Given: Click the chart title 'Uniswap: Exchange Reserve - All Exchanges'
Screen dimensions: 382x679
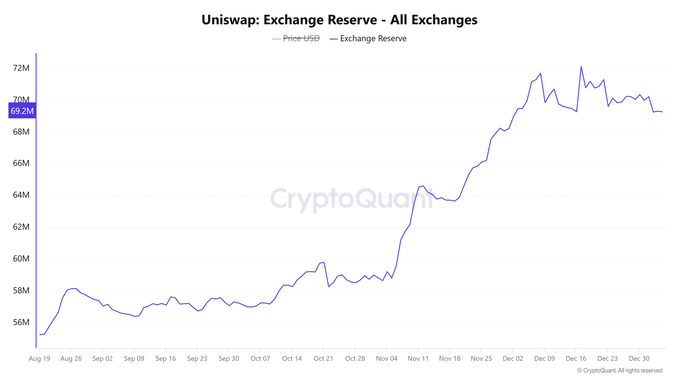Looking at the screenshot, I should pyautogui.click(x=339, y=20).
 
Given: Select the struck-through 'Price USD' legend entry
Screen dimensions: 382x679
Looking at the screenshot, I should pyautogui.click(x=301, y=38).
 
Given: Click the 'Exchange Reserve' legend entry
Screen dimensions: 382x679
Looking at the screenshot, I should pyautogui.click(x=373, y=38).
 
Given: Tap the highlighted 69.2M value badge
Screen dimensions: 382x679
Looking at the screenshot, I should pyautogui.click(x=22, y=111).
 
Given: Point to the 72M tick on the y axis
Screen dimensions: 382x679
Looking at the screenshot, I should pyautogui.click(x=21, y=68).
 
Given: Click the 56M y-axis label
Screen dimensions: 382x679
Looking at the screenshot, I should pyautogui.click(x=21, y=322).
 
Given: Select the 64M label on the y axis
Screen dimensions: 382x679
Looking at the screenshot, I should pyautogui.click(x=21, y=195).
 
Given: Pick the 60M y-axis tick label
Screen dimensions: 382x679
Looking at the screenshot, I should pyautogui.click(x=21, y=259).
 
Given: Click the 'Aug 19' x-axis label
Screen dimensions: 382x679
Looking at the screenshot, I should pyautogui.click(x=40, y=358).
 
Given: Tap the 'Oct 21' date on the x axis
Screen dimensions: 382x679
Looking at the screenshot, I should pyautogui.click(x=323, y=358).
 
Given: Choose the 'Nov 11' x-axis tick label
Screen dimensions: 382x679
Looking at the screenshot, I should pyautogui.click(x=418, y=358).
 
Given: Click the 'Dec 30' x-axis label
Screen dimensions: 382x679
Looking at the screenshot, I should pyautogui.click(x=639, y=358).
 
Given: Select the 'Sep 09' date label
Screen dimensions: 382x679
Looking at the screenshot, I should pyautogui.click(x=134, y=358).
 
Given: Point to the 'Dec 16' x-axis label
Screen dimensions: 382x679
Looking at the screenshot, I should pyautogui.click(x=576, y=358).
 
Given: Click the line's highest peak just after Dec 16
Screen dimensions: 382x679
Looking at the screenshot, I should pyautogui.click(x=581, y=67).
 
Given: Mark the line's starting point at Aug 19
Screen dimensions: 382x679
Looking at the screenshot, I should pyautogui.click(x=40, y=335).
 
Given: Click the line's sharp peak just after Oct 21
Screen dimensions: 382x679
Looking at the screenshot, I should pyautogui.click(x=324, y=262).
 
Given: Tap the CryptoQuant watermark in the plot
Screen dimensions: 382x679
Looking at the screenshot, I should pyautogui.click(x=351, y=199).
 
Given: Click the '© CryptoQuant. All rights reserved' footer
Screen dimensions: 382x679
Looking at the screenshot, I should pyautogui.click(x=620, y=370).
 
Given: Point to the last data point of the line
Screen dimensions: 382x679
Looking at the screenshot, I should pyautogui.click(x=662, y=112).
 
